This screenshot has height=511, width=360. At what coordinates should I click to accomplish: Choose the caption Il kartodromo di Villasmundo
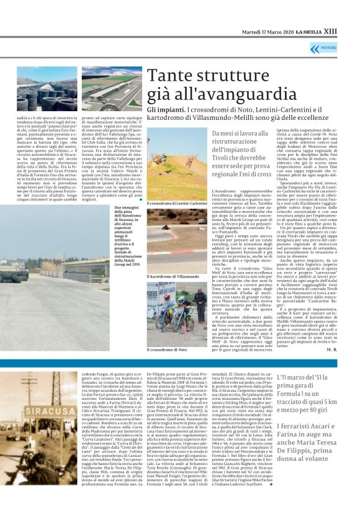pyautogui.click(x=169, y=275)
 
